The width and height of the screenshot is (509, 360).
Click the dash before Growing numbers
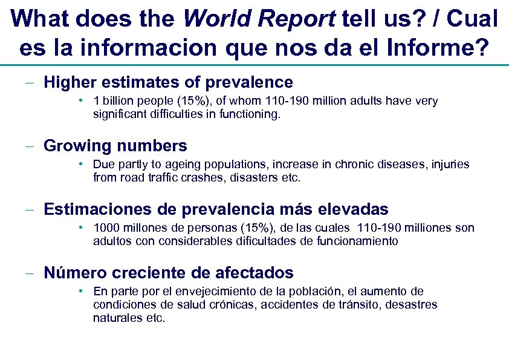click(x=29, y=146)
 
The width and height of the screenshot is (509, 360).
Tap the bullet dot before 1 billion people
click(x=80, y=100)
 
